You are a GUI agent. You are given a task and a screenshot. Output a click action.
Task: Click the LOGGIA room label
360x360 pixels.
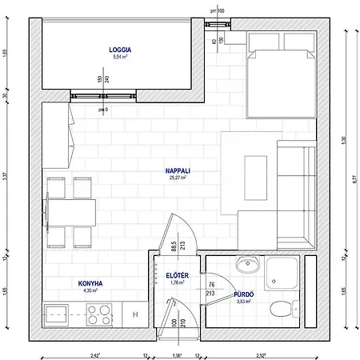point(120,50)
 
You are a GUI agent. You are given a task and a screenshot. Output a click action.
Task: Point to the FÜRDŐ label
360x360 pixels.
point(245,294)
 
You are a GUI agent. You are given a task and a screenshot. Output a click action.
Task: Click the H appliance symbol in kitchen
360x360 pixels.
point(134,315)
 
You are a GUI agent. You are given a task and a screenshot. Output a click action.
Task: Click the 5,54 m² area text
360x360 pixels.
point(120,58)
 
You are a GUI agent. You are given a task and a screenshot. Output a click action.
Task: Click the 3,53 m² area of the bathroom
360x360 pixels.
point(245,302)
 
